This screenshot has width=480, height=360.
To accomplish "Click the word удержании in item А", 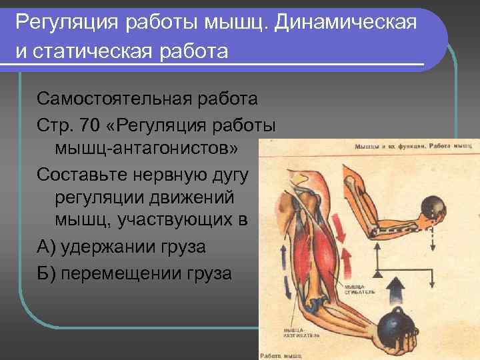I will tap(109, 247).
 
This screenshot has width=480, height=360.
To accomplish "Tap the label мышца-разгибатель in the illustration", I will tap(300, 333).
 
